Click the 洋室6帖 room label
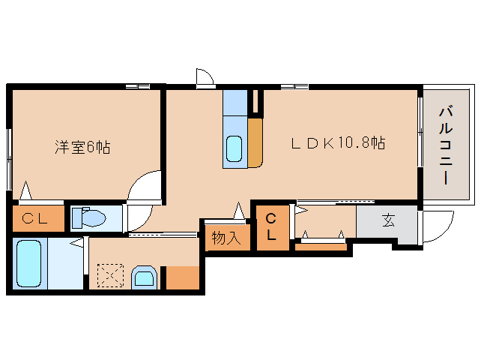click(x=82, y=147)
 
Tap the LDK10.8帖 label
click(x=338, y=142)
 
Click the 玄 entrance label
click(x=388, y=221)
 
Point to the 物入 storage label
click(x=226, y=238)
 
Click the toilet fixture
click(x=91, y=217)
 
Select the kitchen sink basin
click(x=235, y=148)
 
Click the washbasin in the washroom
click(x=143, y=277)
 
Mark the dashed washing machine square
click(x=110, y=275)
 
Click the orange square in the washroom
click(x=183, y=277)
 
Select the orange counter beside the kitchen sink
click(x=255, y=142)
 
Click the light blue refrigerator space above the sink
click(x=235, y=101)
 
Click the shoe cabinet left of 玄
click(x=325, y=222)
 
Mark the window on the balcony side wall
click(x=420, y=143)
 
